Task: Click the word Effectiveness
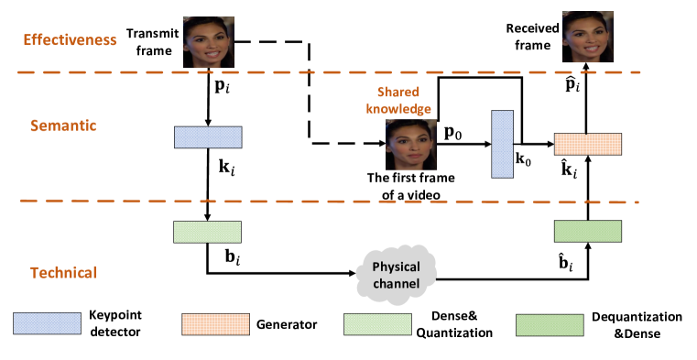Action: [70, 40]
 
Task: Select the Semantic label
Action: [63, 125]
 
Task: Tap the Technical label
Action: [64, 273]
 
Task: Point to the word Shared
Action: [398, 92]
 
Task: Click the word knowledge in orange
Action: [398, 108]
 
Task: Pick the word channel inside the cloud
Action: [396, 284]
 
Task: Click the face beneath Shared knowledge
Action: [409, 144]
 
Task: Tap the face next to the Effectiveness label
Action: [208, 41]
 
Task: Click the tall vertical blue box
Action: [502, 144]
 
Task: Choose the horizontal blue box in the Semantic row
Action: [208, 137]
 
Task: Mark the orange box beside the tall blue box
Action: [587, 144]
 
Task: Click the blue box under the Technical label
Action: [47, 323]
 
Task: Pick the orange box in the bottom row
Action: [215, 324]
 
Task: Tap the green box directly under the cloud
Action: [377, 324]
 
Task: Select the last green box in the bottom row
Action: [550, 325]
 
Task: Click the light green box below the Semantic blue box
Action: [207, 232]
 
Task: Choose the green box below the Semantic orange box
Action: [587, 231]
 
